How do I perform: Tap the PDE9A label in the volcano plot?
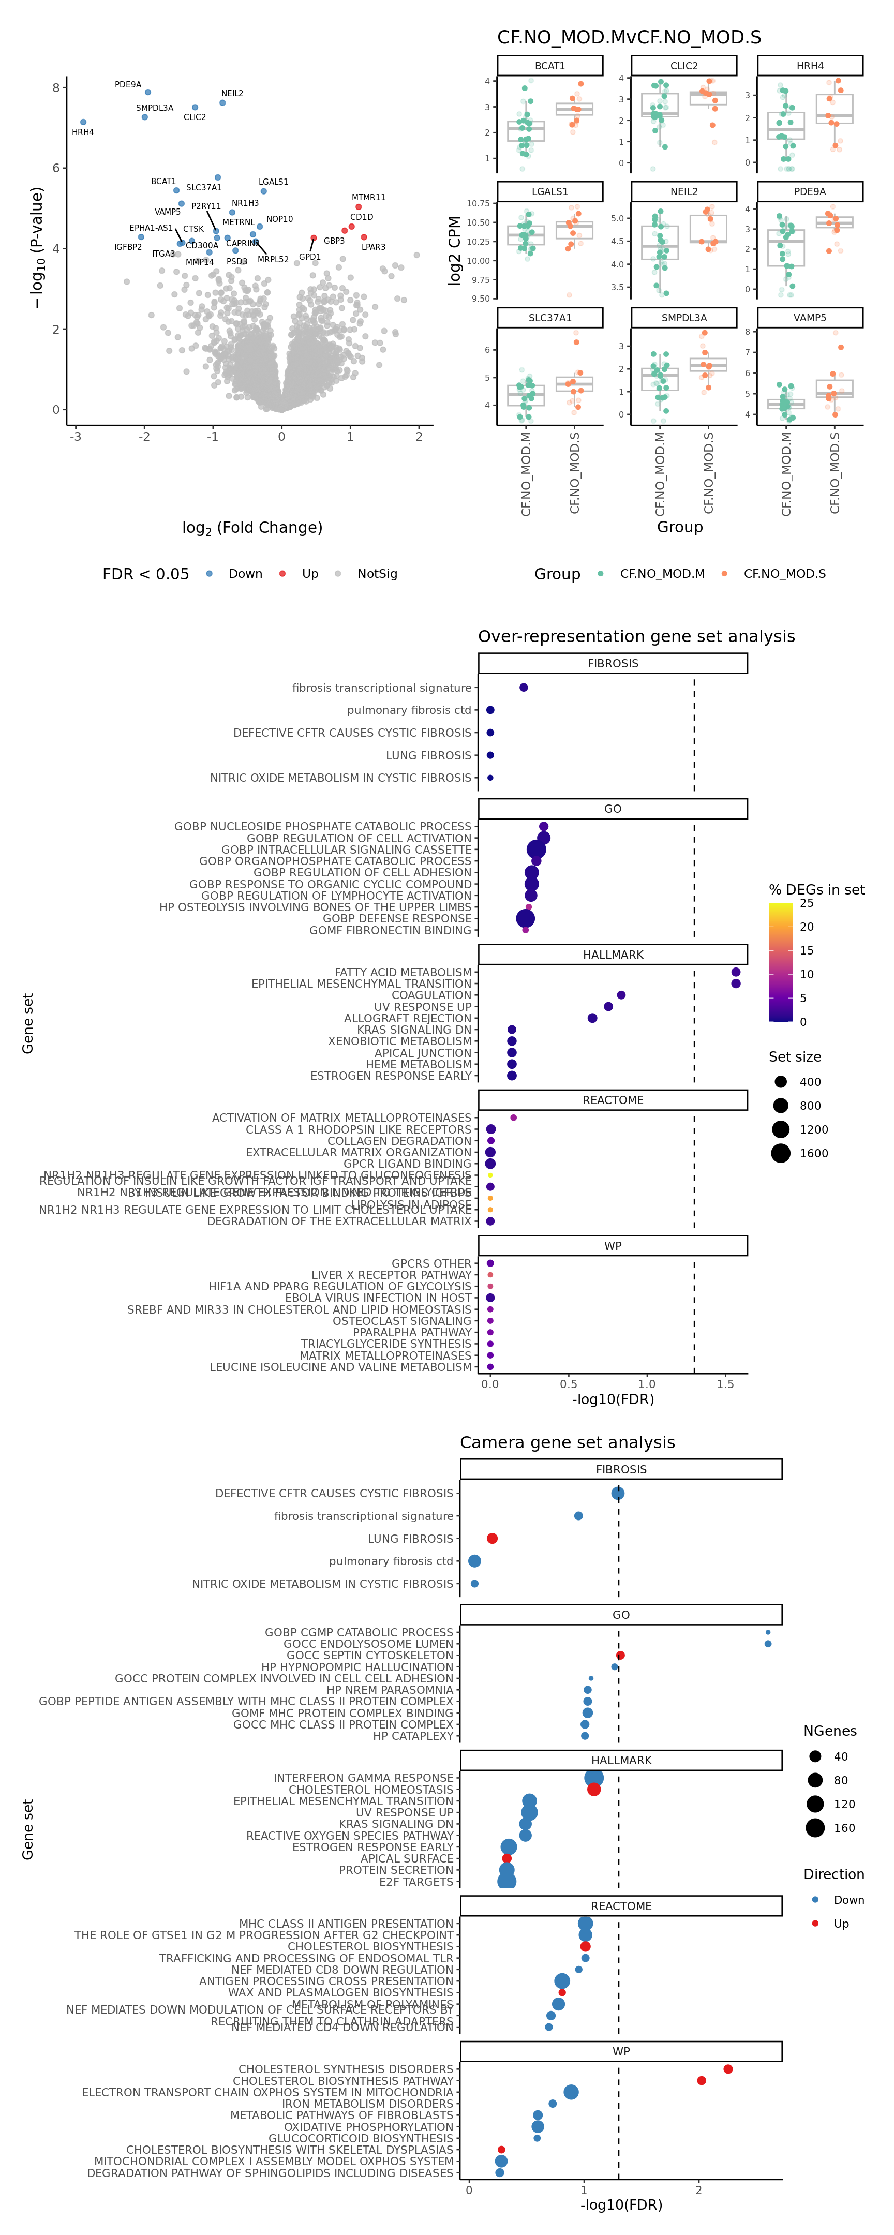128,85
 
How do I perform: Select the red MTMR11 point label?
368,198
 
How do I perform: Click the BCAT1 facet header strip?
549,66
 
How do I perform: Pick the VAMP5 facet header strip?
809,318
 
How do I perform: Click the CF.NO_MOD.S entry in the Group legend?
784,574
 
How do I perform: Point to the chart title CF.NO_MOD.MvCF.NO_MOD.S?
629,37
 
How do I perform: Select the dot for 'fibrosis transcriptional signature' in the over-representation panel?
524,687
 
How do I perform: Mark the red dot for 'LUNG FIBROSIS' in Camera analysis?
492,1538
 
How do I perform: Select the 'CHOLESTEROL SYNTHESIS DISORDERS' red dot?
727,2069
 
